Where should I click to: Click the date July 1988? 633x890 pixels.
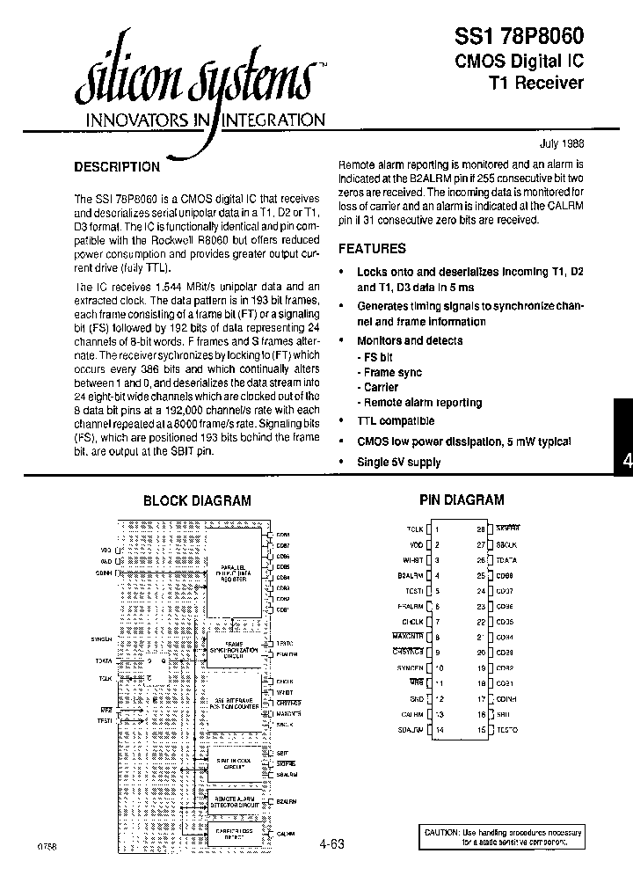coord(561,143)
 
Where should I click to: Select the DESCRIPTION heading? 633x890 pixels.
coord(116,166)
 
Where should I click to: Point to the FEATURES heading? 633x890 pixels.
coord(372,249)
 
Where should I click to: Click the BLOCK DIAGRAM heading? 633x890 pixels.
coord(197,500)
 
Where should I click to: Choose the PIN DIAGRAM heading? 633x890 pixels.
coord(461,500)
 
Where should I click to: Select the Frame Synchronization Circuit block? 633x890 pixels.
coord(233,652)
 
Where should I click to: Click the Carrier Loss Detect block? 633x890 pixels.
coord(233,832)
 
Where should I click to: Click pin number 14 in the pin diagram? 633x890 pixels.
coord(437,730)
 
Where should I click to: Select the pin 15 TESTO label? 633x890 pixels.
coord(507,730)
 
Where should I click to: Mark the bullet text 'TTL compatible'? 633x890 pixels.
coord(395,420)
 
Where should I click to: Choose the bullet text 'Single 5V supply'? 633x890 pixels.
coord(398,462)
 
